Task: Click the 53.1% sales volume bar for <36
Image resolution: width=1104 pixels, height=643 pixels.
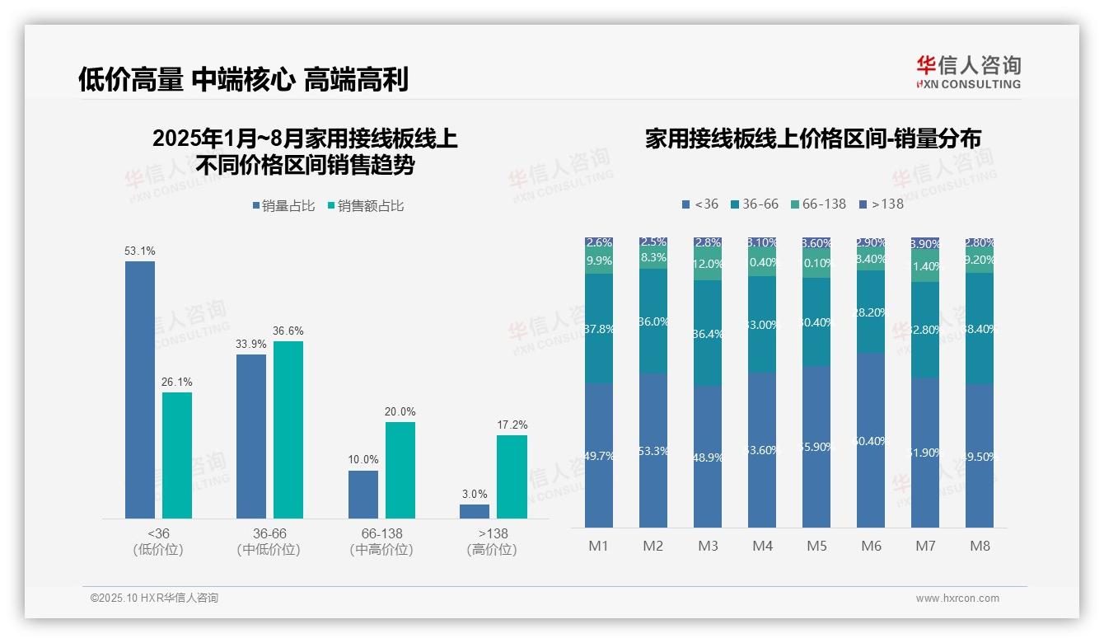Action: click(139, 389)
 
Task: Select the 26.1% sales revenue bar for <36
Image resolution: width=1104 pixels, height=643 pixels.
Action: click(177, 455)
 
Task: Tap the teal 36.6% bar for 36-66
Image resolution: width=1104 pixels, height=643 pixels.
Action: click(288, 429)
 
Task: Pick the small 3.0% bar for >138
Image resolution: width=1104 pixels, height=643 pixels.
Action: click(475, 511)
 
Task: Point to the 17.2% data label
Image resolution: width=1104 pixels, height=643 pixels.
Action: click(512, 425)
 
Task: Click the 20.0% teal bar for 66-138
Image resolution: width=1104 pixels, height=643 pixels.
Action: click(400, 470)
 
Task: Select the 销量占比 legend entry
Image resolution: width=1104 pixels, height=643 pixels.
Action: click(283, 206)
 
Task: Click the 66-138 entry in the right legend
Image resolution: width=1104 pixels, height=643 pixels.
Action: click(818, 204)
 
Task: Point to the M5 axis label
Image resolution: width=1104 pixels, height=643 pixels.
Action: click(816, 546)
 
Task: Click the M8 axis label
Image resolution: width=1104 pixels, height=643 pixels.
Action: click(980, 546)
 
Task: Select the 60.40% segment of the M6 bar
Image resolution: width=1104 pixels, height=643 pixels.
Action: click(871, 440)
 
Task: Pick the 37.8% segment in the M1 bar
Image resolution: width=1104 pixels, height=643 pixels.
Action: click(599, 328)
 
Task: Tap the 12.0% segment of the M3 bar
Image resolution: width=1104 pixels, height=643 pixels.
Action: click(708, 265)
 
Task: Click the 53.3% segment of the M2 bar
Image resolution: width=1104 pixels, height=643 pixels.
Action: click(653, 450)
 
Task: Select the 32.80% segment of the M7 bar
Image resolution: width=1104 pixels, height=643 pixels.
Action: click(925, 330)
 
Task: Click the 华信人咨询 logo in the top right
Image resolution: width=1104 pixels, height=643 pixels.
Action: click(968, 72)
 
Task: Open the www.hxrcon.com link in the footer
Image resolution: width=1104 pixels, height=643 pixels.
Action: click(957, 598)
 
